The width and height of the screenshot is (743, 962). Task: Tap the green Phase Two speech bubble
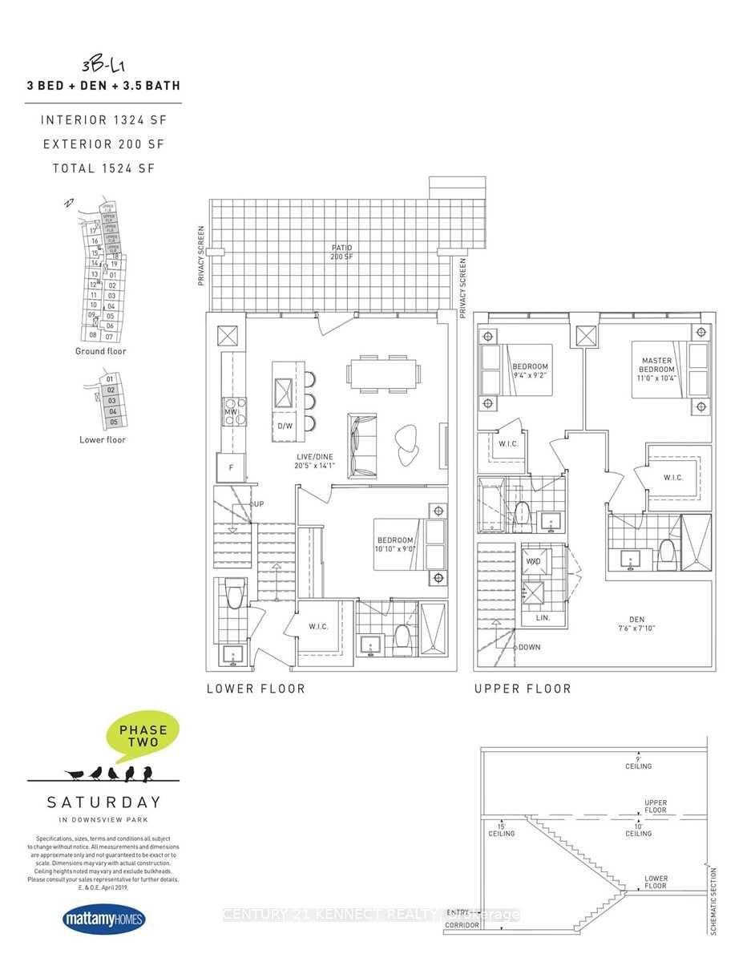pyautogui.click(x=143, y=734)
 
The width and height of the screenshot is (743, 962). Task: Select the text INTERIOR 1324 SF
pyautogui.click(x=103, y=120)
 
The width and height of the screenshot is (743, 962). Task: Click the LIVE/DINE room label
pyautogui.click(x=313, y=459)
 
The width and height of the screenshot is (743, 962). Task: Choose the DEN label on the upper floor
pyautogui.click(x=636, y=623)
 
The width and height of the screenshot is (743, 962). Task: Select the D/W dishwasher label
pyautogui.click(x=285, y=426)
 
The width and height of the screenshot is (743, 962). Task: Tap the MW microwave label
pyautogui.click(x=231, y=412)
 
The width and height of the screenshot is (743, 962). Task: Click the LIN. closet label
pyautogui.click(x=543, y=618)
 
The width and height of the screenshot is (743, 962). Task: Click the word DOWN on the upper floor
pyautogui.click(x=529, y=647)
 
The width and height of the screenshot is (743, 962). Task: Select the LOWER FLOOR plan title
pyautogui.click(x=256, y=689)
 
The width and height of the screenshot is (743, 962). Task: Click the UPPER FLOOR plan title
pyautogui.click(x=523, y=689)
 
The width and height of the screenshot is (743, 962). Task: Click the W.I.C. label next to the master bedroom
pyautogui.click(x=673, y=478)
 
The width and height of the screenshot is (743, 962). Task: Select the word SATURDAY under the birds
pyautogui.click(x=103, y=802)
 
